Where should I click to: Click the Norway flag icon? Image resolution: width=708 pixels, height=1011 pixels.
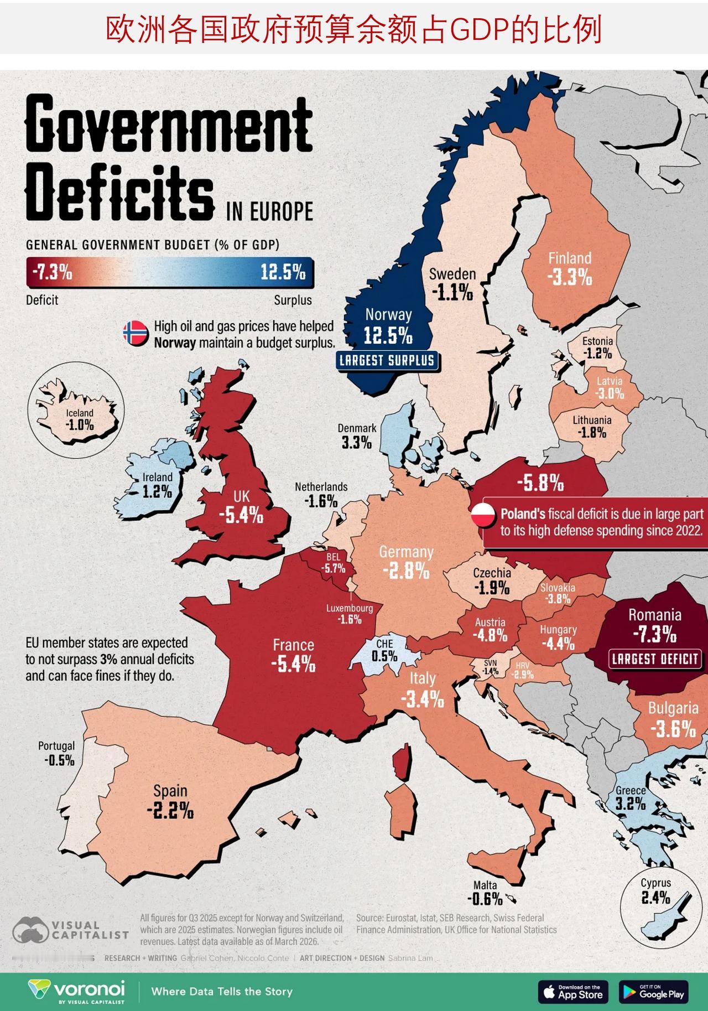click(x=136, y=334)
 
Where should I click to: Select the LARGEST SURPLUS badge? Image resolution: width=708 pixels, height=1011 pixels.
click(x=387, y=361)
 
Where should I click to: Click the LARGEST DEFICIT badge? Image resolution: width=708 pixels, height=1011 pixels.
click(x=655, y=659)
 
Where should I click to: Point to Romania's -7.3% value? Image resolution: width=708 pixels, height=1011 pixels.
click(x=655, y=635)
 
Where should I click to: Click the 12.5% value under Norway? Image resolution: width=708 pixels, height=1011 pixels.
click(x=388, y=335)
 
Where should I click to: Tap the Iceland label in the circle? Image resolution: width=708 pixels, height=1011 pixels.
click(x=80, y=413)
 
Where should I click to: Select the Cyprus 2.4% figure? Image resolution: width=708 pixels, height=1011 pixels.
click(x=656, y=898)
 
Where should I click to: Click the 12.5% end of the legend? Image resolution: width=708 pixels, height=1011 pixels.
click(x=283, y=272)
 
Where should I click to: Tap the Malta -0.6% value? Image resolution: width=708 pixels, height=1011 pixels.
click(x=485, y=899)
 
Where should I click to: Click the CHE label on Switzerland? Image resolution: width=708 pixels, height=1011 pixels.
click(x=384, y=644)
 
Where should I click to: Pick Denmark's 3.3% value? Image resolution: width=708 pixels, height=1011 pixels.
click(x=357, y=443)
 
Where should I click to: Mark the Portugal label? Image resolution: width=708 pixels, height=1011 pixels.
click(x=56, y=746)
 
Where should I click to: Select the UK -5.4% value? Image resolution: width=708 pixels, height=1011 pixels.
click(x=241, y=516)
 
